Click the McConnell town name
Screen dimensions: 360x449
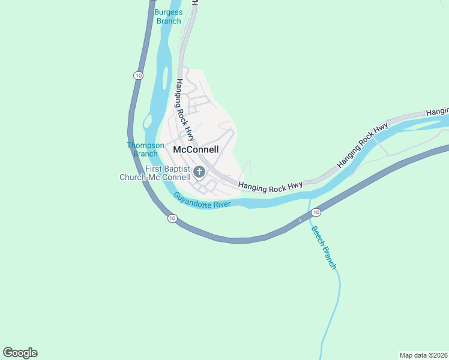tap(195, 149)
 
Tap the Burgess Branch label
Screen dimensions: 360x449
tap(168, 16)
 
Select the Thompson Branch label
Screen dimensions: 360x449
tap(145, 149)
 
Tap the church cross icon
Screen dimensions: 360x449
tap(199, 173)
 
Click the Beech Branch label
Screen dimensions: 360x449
tap(323, 247)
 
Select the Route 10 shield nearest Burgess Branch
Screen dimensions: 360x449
tap(138, 76)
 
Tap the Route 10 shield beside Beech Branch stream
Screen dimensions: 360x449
tap(316, 212)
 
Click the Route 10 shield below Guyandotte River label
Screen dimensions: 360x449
tap(172, 218)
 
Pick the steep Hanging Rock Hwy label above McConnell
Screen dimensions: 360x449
tap(185, 108)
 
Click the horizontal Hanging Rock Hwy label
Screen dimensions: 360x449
tap(270, 188)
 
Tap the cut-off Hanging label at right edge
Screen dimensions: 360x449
tap(437, 112)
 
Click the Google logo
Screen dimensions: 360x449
tap(20, 353)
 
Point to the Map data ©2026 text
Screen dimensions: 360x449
tap(423, 355)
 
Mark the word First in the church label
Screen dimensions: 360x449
tap(154, 169)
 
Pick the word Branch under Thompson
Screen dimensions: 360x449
tap(145, 154)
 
